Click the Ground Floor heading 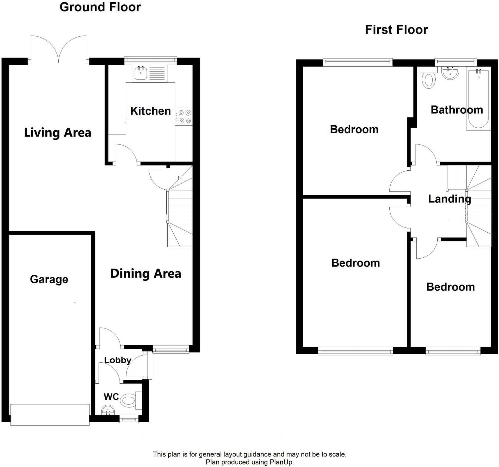(100, 7)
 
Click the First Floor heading (396, 30)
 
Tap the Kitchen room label (150, 111)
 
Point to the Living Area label (57, 133)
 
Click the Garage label (49, 279)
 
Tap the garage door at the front (50, 415)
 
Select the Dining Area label (146, 273)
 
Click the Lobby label (118, 360)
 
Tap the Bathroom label (457, 110)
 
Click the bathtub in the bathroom (478, 99)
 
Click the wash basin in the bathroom (450, 73)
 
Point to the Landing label (449, 199)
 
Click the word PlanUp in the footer (281, 462)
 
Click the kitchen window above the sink (151, 60)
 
